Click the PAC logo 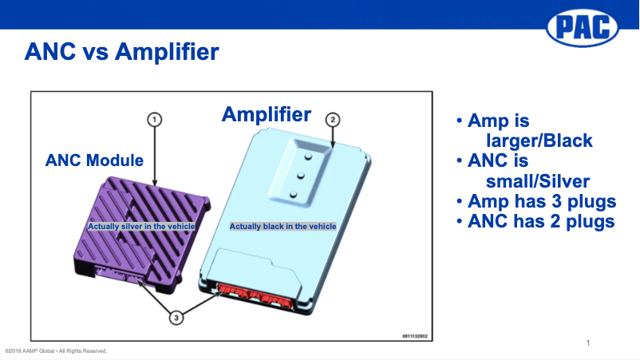click(x=583, y=28)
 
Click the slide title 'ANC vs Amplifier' click(x=121, y=52)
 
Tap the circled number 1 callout click(x=154, y=120)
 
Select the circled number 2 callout click(x=333, y=120)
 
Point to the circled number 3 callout click(x=176, y=318)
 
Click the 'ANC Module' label click(x=94, y=160)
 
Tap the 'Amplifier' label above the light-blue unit click(x=266, y=114)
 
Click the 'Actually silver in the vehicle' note click(x=141, y=226)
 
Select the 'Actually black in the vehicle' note click(x=282, y=226)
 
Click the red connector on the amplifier click(x=255, y=295)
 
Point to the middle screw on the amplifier click(x=301, y=176)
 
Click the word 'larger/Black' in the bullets click(x=539, y=140)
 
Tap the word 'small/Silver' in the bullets click(x=538, y=181)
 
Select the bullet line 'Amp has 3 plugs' click(x=536, y=201)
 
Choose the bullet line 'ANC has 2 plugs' click(x=535, y=221)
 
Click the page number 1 click(x=588, y=343)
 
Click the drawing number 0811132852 click(x=415, y=336)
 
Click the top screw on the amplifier click(x=308, y=156)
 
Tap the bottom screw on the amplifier click(x=294, y=195)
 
